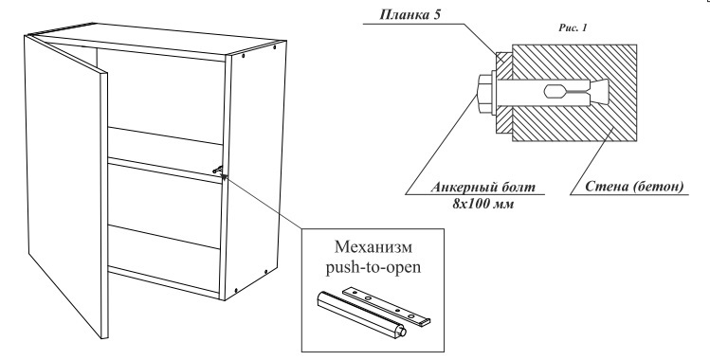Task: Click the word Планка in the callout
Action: (404, 14)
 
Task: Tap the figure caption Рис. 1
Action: (573, 28)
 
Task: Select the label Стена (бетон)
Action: (634, 187)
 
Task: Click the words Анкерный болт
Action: (482, 188)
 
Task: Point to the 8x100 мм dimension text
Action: (482, 204)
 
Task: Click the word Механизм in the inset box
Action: (373, 247)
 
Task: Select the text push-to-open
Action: (373, 267)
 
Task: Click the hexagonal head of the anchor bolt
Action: (485, 94)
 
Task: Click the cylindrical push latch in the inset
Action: (360, 315)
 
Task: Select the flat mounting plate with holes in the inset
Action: (386, 305)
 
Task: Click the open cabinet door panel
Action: (66, 187)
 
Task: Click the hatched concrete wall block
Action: (574, 93)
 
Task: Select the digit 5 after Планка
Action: (437, 14)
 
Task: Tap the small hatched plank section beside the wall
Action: (504, 93)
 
